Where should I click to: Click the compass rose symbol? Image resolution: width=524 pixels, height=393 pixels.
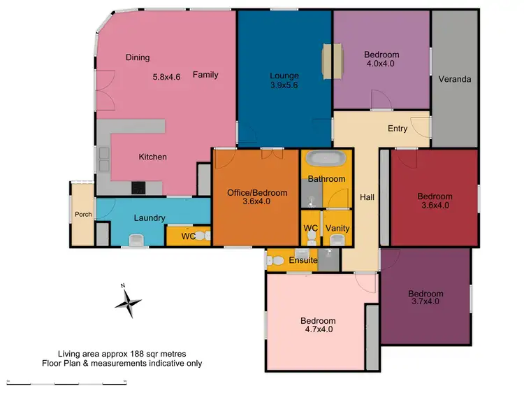click(x=128, y=302)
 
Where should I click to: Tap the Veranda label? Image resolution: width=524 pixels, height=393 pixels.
click(x=455, y=79)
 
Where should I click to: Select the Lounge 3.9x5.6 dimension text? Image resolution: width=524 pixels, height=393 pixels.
click(x=284, y=86)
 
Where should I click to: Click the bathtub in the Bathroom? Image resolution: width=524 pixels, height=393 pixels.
click(x=326, y=159)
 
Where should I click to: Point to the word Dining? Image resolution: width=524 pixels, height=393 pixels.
click(x=138, y=57)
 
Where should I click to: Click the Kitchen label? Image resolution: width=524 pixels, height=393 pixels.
click(x=152, y=157)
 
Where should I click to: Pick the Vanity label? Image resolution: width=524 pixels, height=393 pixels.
click(x=338, y=229)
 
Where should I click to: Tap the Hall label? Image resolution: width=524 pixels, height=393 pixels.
click(x=367, y=198)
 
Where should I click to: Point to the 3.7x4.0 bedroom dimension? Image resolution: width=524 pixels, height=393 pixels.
click(x=425, y=303)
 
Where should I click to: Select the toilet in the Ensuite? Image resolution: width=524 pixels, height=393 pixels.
click(x=275, y=262)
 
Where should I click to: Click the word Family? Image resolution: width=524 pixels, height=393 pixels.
click(x=205, y=75)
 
